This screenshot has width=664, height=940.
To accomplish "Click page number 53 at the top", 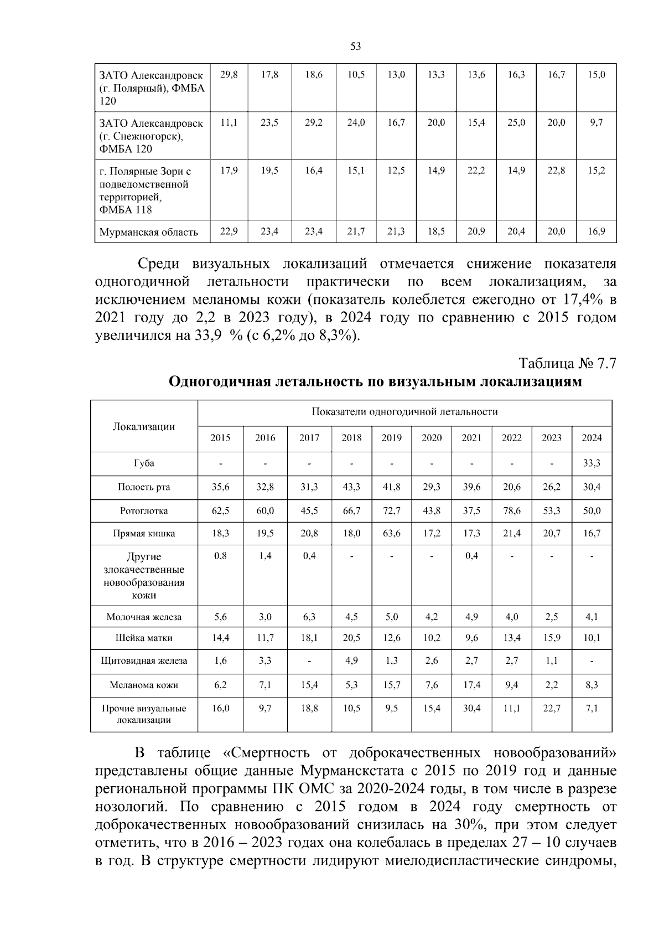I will click(x=356, y=47).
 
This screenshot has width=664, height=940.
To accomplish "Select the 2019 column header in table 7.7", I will click(x=391, y=438).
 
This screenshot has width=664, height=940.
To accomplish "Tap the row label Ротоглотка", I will click(x=144, y=511).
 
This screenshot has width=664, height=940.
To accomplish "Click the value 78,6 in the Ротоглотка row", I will click(x=511, y=511).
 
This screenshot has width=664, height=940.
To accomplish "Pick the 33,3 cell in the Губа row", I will click(x=592, y=463).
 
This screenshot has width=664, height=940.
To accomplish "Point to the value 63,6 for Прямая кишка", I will click(x=391, y=534).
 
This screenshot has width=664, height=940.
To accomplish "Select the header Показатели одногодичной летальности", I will click(x=404, y=412).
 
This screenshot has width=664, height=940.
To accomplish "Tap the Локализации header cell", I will click(x=144, y=426).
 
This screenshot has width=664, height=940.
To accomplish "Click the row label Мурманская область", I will click(x=148, y=232).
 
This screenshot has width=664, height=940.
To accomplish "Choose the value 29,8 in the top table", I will click(x=229, y=75).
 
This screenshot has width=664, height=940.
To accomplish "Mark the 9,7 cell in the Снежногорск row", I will click(x=596, y=123).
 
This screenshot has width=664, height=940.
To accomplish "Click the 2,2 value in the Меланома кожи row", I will click(x=551, y=685).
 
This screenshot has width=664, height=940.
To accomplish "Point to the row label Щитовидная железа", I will click(x=144, y=660).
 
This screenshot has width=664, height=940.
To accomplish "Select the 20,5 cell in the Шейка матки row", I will click(x=351, y=638).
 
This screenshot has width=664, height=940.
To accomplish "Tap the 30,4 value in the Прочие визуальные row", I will click(x=471, y=708).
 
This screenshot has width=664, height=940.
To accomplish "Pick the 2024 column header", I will click(x=592, y=438).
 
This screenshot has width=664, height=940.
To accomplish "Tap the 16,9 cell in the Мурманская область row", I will click(x=596, y=231).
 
